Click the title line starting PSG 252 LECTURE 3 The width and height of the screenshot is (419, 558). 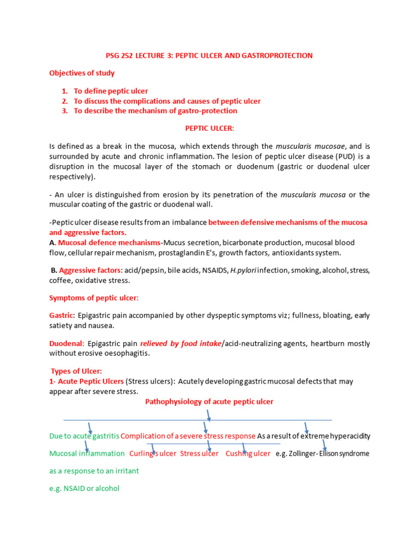(208, 56)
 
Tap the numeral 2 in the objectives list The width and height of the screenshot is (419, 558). (64, 101)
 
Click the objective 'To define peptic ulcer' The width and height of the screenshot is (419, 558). (111, 91)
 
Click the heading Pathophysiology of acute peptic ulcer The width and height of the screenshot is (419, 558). (209, 402)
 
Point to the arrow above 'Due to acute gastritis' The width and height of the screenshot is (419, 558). (89, 427)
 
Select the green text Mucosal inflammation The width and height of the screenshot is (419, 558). (87, 453)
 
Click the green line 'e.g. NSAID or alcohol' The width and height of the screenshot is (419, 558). (84, 488)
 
